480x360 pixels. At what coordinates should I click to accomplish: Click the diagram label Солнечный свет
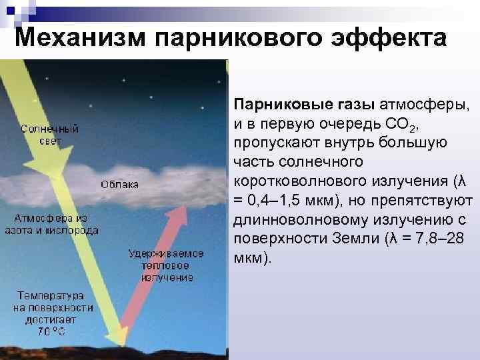49,135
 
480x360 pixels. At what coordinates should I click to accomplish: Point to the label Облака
120,184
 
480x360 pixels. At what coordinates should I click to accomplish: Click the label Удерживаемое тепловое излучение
167,265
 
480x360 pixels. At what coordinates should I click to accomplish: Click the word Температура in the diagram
50,294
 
